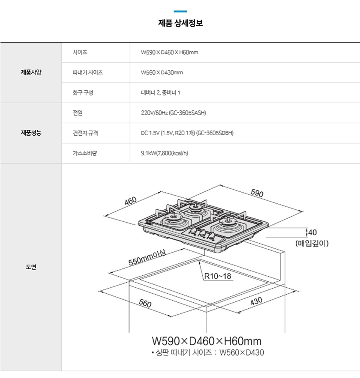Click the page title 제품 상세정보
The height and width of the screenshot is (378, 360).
tap(180, 23)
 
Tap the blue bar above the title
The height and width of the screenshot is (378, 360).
tap(180, 11)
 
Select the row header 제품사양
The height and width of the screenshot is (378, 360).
tap(31, 72)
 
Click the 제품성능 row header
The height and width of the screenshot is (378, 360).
tap(31, 133)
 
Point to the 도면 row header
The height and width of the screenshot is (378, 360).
tap(31, 267)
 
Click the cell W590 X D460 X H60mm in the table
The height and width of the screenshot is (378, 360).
tap(169, 52)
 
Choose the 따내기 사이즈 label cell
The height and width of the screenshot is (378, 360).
tap(87, 73)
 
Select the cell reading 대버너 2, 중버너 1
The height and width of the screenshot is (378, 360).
tap(160, 92)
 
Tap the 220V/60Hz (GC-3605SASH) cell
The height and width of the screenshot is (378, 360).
tap(174, 113)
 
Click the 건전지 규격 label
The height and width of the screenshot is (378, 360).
tap(85, 133)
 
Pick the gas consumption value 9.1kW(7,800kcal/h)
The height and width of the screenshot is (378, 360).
tap(164, 153)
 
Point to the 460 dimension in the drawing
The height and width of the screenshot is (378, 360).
tap(131, 201)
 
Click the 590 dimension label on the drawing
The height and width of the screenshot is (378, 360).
tap(257, 193)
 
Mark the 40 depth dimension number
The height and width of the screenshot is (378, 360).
tap(312, 232)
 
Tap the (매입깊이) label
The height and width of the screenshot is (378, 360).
tap(312, 243)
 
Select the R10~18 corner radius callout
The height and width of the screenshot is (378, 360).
tap(218, 276)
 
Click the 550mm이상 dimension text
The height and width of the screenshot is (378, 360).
tap(147, 258)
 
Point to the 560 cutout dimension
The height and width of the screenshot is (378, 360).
tap(145, 303)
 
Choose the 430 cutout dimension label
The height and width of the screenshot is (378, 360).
tap(256, 301)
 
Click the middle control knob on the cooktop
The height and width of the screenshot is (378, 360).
tap(202, 233)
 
